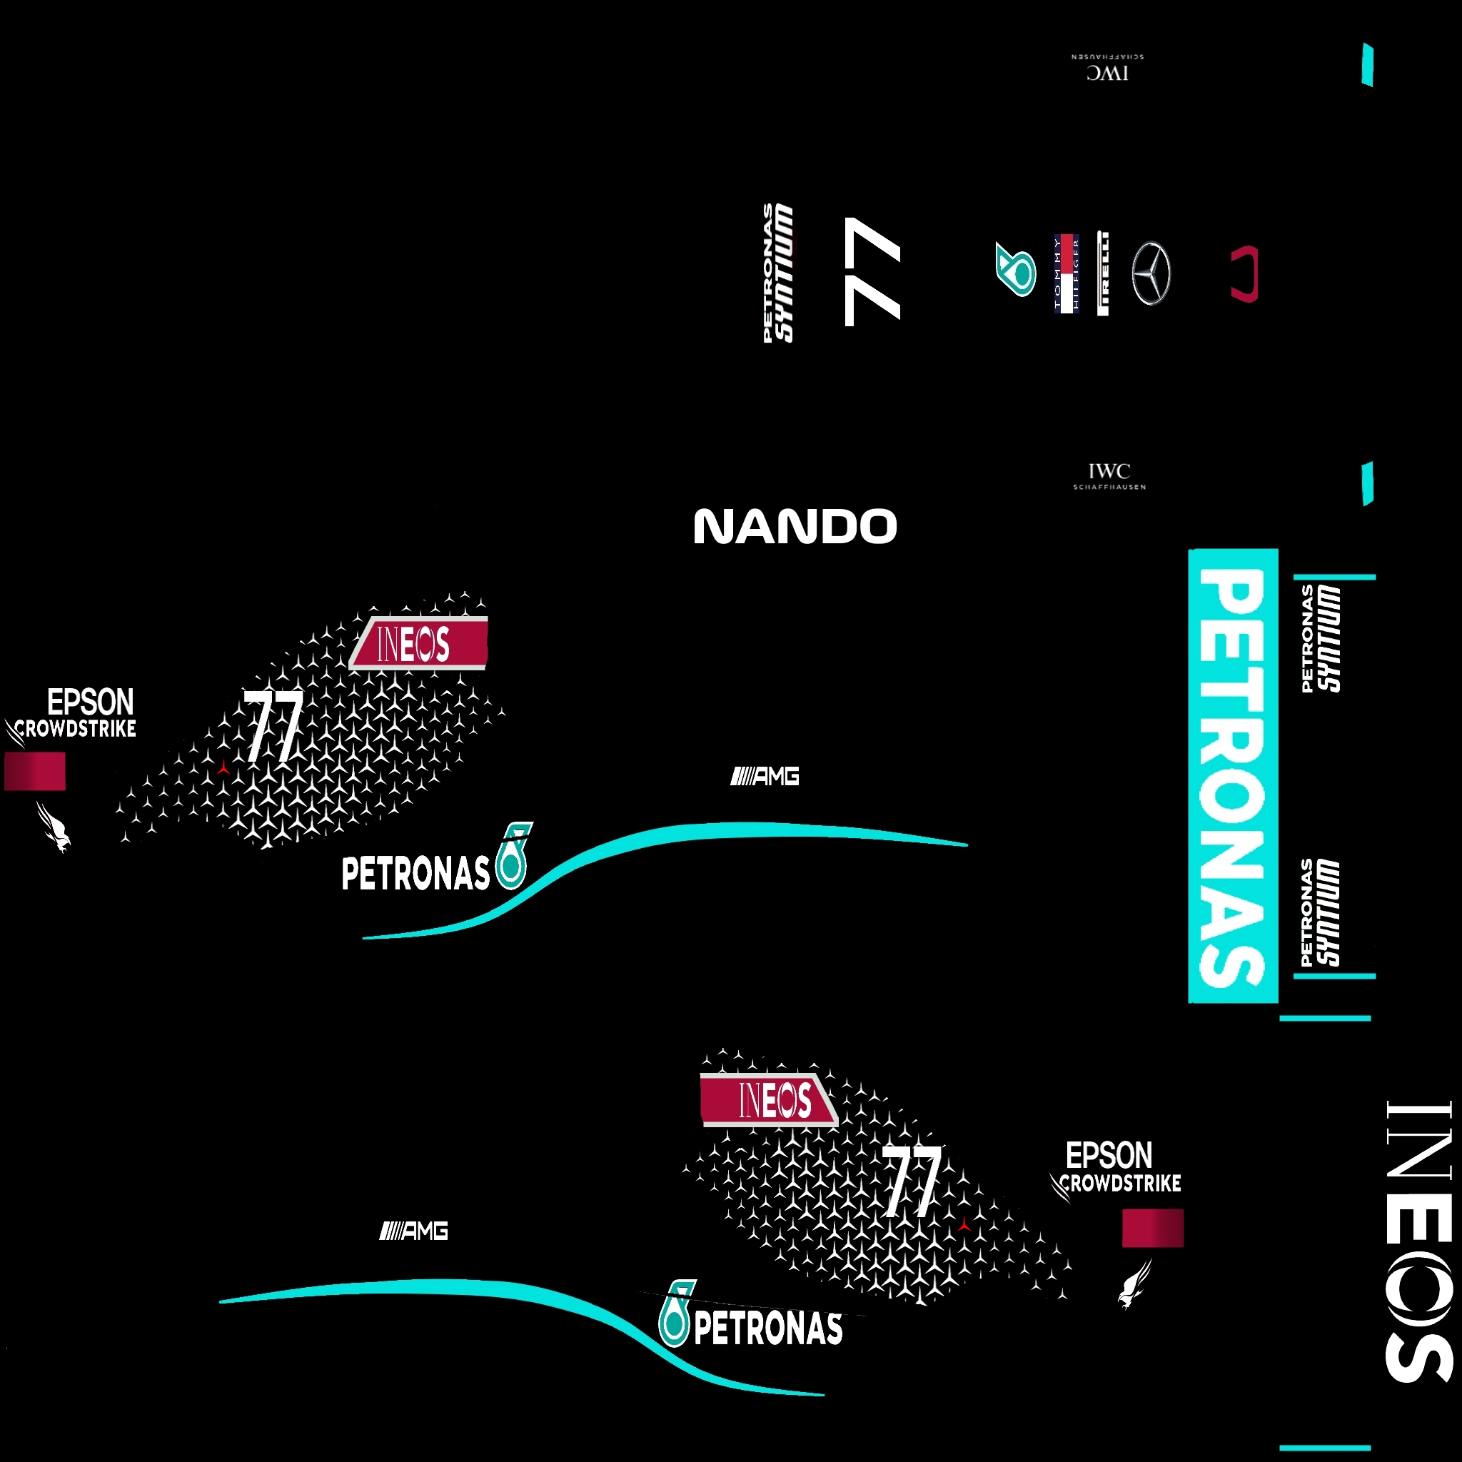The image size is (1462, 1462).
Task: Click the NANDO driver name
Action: coord(795,527)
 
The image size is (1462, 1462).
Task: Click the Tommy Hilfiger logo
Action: coord(1067,273)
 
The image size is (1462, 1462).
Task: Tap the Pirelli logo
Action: coord(1102,273)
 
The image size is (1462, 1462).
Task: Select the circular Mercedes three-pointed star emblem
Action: coord(1151,273)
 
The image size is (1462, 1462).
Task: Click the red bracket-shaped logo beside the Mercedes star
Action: coord(1245,273)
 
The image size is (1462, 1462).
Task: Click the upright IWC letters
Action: coord(1109,470)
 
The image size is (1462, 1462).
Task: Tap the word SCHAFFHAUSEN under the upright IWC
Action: coord(1109,488)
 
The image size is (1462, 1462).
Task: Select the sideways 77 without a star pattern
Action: coord(872,272)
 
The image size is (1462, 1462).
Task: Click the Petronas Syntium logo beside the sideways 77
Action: coord(778,273)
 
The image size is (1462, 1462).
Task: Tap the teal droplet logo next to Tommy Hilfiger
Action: coord(1016,270)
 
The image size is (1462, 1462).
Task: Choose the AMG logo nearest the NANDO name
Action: coord(765,777)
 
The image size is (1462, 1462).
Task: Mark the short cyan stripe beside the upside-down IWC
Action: coord(1367,65)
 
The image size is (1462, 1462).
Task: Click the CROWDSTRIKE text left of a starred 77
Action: coord(75,729)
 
